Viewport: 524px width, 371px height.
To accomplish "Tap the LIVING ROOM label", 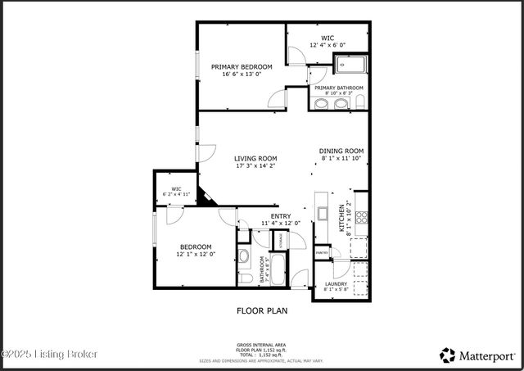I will click(255, 158).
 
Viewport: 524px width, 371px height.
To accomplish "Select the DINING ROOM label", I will click(341, 151).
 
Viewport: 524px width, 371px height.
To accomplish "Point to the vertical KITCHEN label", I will click(342, 219).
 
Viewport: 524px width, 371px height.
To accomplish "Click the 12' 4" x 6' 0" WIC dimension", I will click(327, 45).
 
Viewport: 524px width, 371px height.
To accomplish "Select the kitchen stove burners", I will click(361, 219).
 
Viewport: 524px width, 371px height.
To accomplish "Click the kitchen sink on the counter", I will click(323, 216).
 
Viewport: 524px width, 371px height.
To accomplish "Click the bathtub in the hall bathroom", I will click(278, 269).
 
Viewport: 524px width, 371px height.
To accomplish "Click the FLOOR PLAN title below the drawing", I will click(262, 310).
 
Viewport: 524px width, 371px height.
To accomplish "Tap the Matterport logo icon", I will click(448, 355).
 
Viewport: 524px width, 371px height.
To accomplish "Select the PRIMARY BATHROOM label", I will click(338, 88).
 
